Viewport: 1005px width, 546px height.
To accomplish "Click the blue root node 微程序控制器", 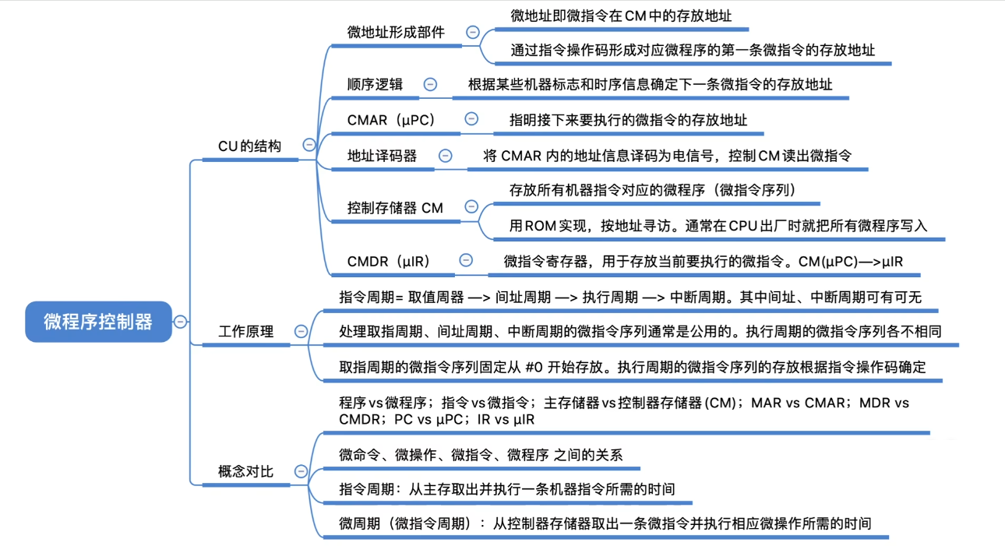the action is click(x=98, y=322).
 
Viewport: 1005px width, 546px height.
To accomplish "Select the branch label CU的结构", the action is click(x=249, y=146).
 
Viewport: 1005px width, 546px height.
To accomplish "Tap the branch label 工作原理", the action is click(x=245, y=331).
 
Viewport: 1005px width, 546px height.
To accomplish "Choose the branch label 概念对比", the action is click(x=245, y=471).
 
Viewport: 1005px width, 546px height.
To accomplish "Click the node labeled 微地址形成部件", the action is click(x=396, y=32).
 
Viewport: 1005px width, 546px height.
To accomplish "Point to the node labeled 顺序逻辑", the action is click(x=375, y=84).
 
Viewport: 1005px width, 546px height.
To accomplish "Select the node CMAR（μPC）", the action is click(x=391, y=120).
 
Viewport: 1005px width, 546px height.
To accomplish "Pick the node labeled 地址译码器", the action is click(x=382, y=156).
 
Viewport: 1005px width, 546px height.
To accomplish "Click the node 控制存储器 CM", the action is click(x=395, y=208).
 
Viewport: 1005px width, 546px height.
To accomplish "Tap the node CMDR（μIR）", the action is click(x=389, y=261).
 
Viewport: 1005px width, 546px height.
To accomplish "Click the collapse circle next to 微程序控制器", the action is click(x=181, y=322).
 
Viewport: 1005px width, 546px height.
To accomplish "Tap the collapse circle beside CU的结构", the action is click(x=309, y=145).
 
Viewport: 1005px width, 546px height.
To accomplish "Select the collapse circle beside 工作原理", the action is click(x=301, y=331).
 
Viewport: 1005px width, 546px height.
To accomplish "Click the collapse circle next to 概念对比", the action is click(x=301, y=471).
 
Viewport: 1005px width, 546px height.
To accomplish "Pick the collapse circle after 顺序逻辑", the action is click(x=430, y=84).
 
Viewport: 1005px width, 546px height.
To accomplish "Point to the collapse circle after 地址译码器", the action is click(x=445, y=156).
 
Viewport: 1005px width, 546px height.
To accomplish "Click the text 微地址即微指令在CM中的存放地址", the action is click(x=621, y=15).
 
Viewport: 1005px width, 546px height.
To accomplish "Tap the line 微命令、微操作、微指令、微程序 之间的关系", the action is click(x=481, y=455).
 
